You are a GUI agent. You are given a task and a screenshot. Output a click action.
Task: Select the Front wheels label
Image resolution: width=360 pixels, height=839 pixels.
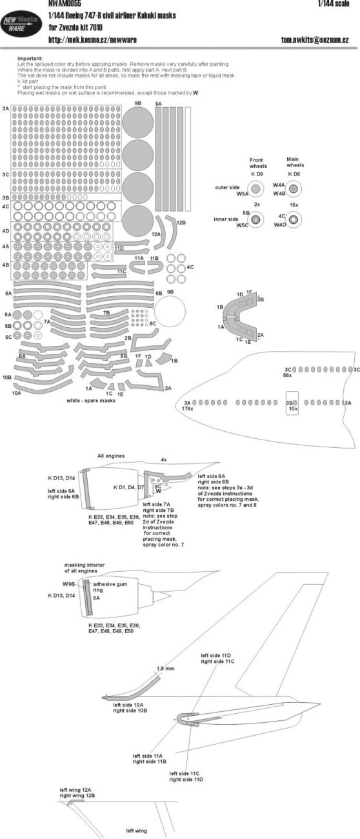(257, 161)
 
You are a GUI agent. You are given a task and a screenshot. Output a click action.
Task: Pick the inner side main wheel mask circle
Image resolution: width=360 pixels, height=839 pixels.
(294, 220)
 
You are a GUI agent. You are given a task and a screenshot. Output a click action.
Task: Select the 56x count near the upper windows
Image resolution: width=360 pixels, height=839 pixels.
(288, 375)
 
